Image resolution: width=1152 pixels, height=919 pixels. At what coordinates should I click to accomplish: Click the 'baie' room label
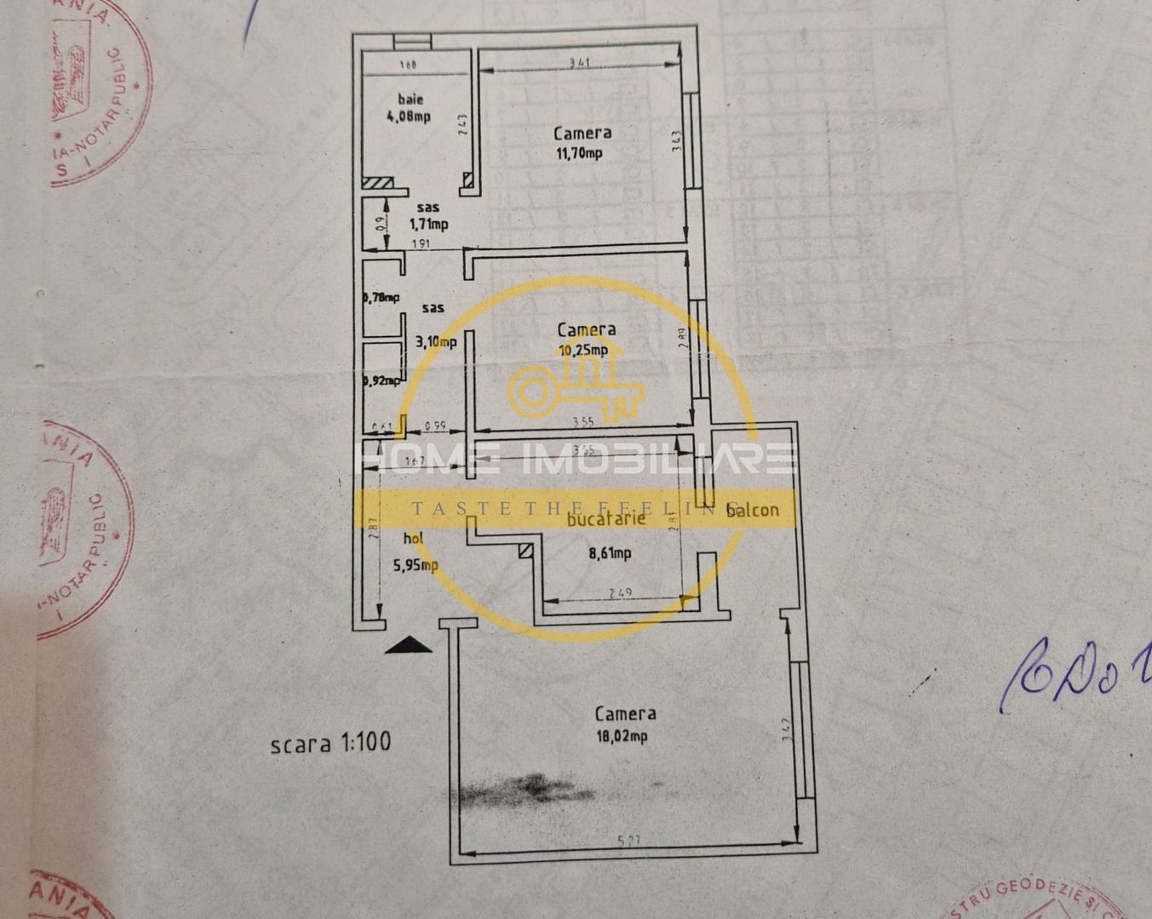410,100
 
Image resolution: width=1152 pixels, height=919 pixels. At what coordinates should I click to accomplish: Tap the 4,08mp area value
409,117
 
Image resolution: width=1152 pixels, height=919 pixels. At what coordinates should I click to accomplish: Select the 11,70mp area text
579,153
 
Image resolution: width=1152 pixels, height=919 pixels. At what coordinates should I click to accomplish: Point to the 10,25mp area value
582,349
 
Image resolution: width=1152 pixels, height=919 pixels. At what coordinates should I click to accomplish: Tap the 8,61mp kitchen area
610,553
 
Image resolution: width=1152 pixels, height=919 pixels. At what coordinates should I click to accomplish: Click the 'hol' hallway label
413,537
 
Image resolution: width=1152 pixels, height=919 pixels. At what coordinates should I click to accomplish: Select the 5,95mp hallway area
416,563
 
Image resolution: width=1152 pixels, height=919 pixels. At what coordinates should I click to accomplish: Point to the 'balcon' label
752,510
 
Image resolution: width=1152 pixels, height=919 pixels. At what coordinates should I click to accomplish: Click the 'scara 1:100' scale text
330,742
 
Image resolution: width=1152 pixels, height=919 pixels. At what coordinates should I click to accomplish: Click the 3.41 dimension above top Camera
579,61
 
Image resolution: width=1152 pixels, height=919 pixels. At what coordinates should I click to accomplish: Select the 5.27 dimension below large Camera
628,841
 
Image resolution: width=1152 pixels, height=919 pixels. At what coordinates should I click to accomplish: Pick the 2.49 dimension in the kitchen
620,593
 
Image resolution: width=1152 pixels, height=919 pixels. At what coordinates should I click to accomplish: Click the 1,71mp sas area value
428,225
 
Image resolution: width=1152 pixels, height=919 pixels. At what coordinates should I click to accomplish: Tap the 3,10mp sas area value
435,342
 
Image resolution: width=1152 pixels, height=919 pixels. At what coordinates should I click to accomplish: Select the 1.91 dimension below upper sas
421,243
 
